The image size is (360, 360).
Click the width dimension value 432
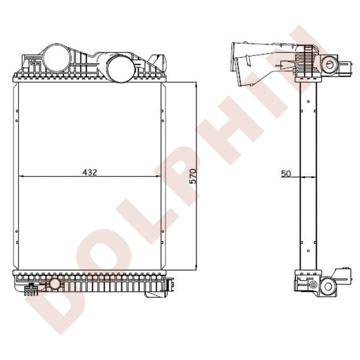click(90, 172)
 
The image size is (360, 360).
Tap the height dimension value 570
click(193, 176)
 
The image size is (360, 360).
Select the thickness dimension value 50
click(286, 174)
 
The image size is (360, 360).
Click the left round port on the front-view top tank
click(57, 57)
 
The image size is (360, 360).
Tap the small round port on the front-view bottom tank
click(55, 284)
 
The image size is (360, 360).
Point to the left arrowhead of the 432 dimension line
click(21, 176)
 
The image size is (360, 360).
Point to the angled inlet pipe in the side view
click(252, 63)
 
